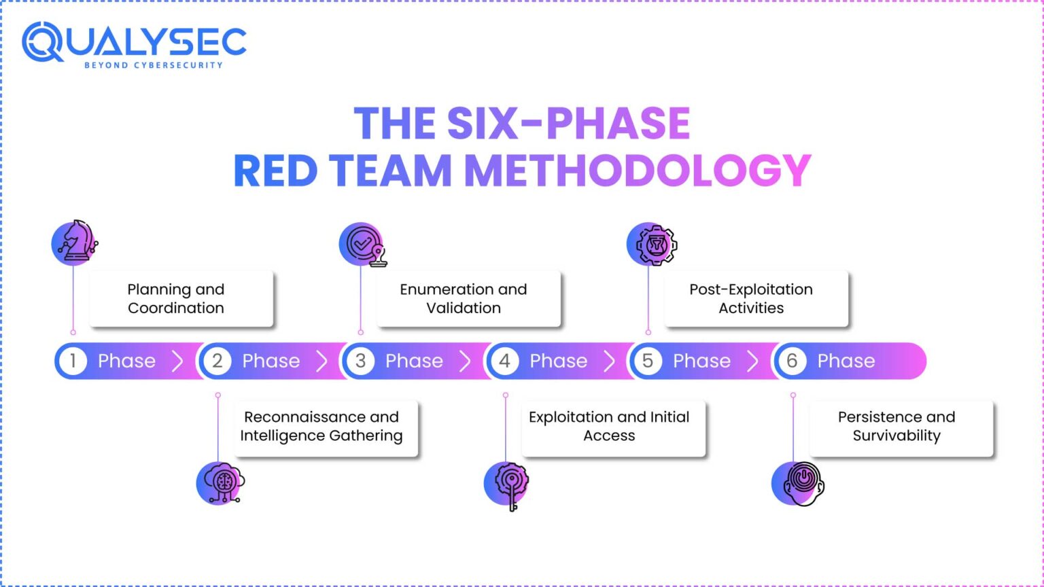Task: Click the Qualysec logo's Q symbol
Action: point(43,42)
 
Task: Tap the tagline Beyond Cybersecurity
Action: point(153,65)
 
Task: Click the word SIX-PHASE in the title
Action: point(568,124)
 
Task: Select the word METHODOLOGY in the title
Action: point(638,171)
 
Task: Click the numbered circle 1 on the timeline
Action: point(73,361)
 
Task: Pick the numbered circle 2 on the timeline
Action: point(217,361)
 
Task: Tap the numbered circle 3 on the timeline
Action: point(361,361)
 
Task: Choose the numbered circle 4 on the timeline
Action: point(505,361)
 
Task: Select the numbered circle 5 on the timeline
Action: point(648,361)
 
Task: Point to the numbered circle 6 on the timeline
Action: point(792,361)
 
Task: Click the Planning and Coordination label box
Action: point(181,299)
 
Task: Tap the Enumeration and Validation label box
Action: point(468,299)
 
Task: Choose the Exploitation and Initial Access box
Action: point(612,427)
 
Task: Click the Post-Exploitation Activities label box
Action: point(755,299)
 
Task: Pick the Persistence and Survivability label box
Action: point(900,427)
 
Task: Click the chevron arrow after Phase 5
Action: point(752,361)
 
